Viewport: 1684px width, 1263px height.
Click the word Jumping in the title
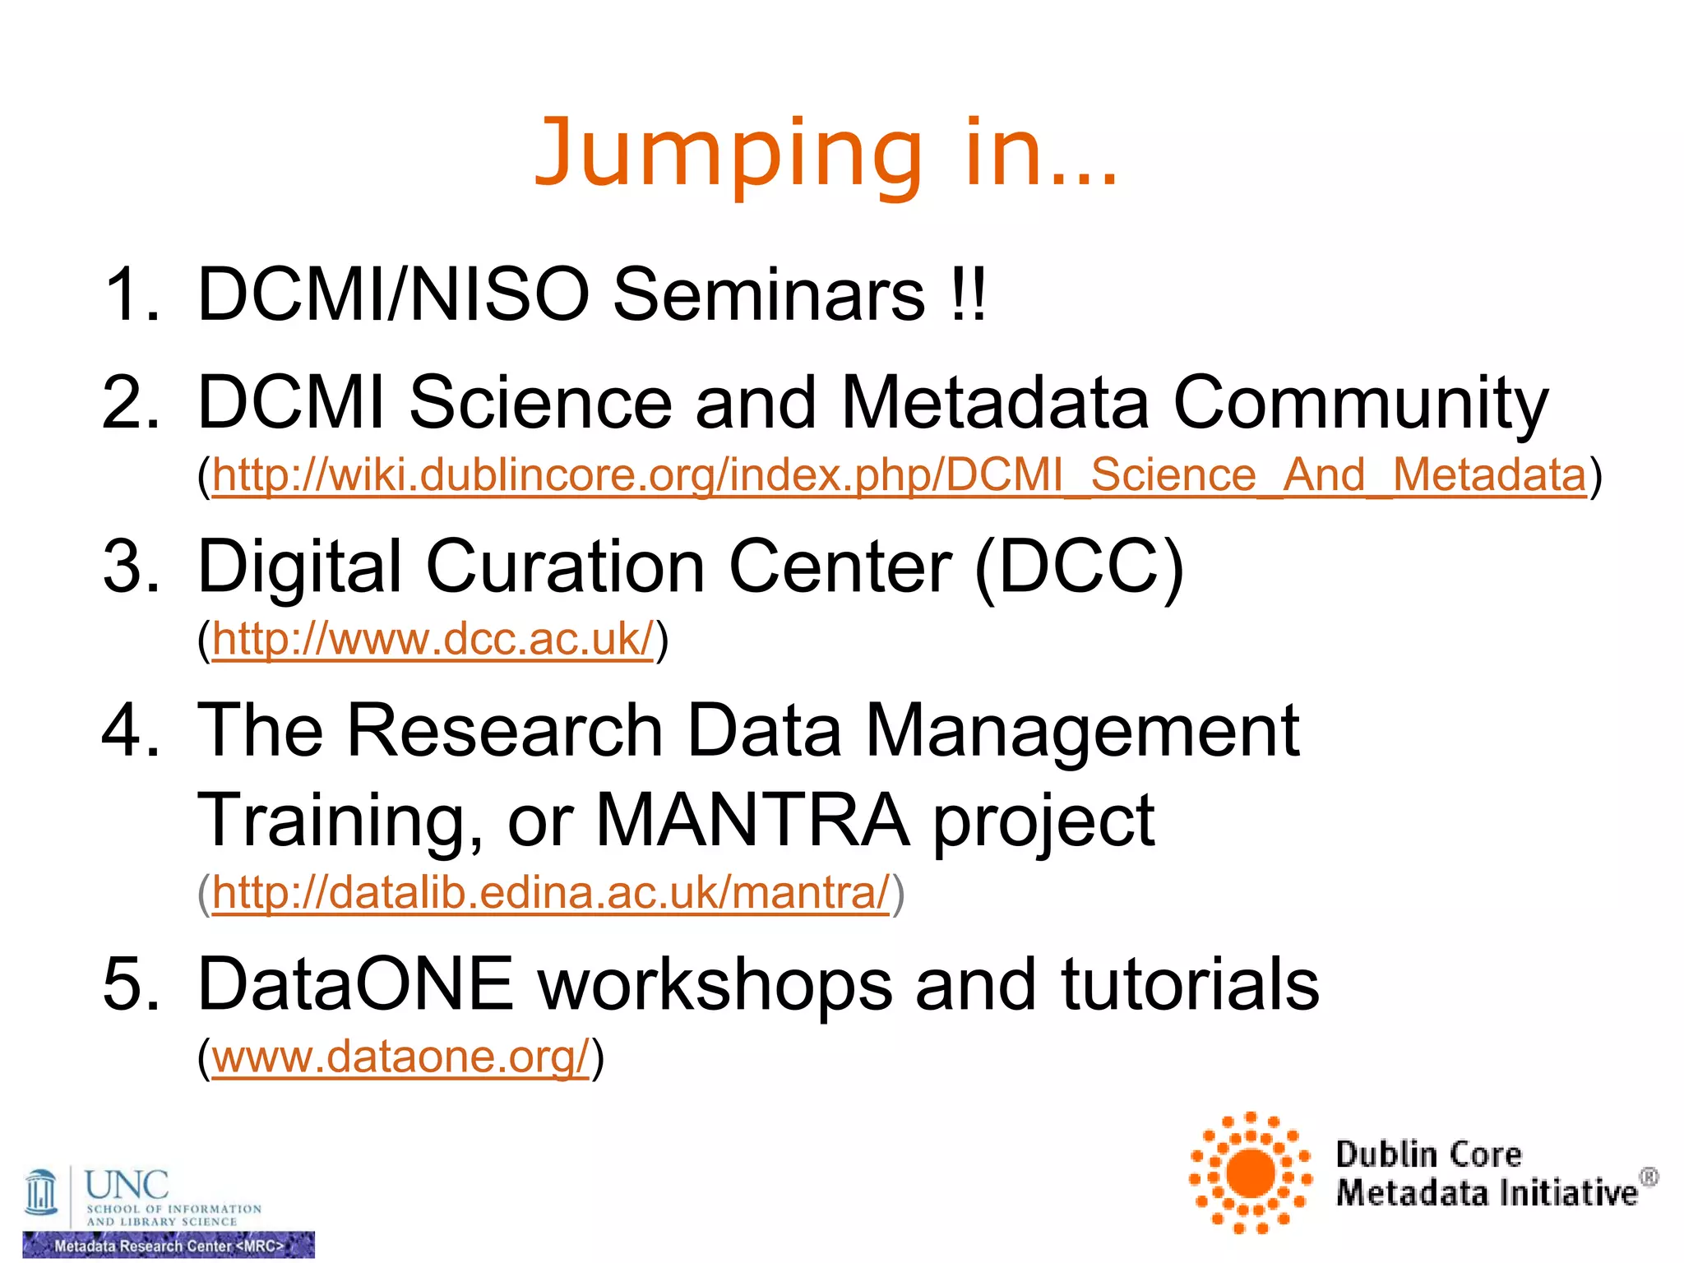(x=729, y=155)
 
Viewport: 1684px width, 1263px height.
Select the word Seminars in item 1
(x=770, y=294)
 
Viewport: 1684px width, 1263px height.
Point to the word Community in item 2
(x=1360, y=403)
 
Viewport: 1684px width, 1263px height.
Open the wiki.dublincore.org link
(x=899, y=476)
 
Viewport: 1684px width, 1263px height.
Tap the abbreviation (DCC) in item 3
(x=1079, y=566)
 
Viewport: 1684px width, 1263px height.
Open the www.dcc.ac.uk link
(x=433, y=640)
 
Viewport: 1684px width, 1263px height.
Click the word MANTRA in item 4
(x=752, y=820)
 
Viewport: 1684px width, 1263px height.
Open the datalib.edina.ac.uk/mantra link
(x=551, y=894)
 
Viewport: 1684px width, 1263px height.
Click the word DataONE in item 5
(x=355, y=984)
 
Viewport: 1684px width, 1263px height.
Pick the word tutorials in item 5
(x=1190, y=984)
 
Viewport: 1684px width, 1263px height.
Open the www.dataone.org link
(x=400, y=1057)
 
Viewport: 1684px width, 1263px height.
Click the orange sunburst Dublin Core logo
(x=1250, y=1173)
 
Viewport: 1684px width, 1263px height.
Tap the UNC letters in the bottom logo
(x=127, y=1185)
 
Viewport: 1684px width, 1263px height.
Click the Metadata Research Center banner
(x=169, y=1246)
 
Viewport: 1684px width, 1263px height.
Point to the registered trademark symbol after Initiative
(x=1649, y=1177)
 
